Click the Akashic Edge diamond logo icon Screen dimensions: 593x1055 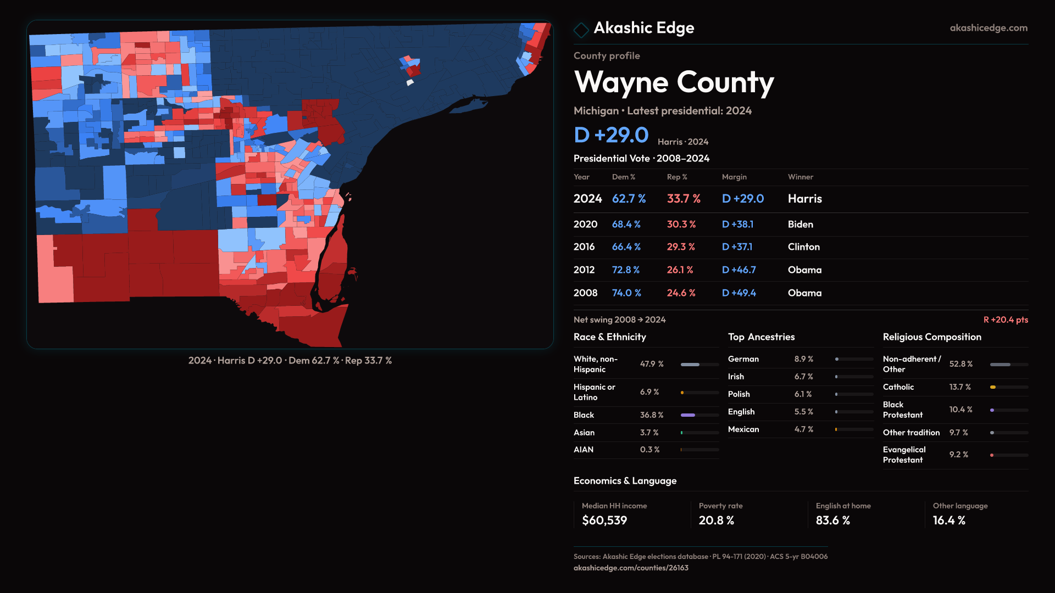581,30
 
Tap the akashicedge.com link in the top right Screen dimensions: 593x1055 988,28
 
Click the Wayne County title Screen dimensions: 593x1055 674,82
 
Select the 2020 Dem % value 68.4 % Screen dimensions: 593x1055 626,225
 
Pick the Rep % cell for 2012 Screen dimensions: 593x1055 680,270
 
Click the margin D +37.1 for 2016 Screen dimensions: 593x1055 737,247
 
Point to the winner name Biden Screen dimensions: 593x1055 800,225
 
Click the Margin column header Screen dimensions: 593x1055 734,177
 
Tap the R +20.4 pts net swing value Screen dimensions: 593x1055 1005,320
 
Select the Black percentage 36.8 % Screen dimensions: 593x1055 651,415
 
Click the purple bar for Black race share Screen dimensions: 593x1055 688,415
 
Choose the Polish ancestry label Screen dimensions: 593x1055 738,394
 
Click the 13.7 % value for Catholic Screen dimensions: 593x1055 959,387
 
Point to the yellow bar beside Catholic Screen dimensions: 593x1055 993,387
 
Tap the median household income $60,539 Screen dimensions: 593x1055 604,521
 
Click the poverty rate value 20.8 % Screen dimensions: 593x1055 716,521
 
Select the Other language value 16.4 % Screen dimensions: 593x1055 948,521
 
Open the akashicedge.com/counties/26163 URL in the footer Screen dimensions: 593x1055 631,568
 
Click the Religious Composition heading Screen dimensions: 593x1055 931,337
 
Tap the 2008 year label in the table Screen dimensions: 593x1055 585,293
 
